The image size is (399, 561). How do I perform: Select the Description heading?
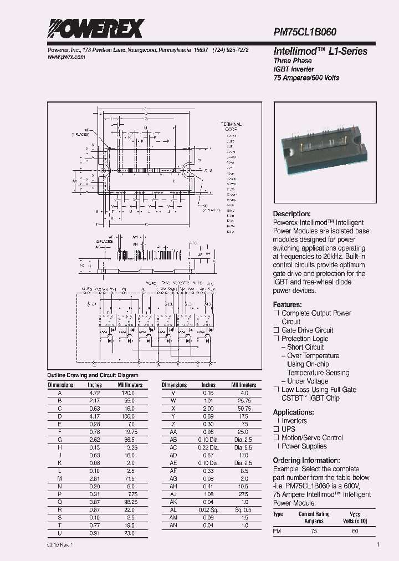292,214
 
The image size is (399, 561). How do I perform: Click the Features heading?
288,305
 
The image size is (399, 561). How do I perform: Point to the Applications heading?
294,412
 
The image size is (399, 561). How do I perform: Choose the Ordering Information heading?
306,461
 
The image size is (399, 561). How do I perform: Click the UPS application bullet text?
289,429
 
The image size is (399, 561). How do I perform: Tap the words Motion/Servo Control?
313,438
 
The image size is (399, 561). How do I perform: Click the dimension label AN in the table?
173,525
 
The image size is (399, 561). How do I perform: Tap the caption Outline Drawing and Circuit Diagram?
85,375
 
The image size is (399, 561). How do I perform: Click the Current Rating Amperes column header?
314,518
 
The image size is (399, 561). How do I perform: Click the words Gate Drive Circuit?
308,330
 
